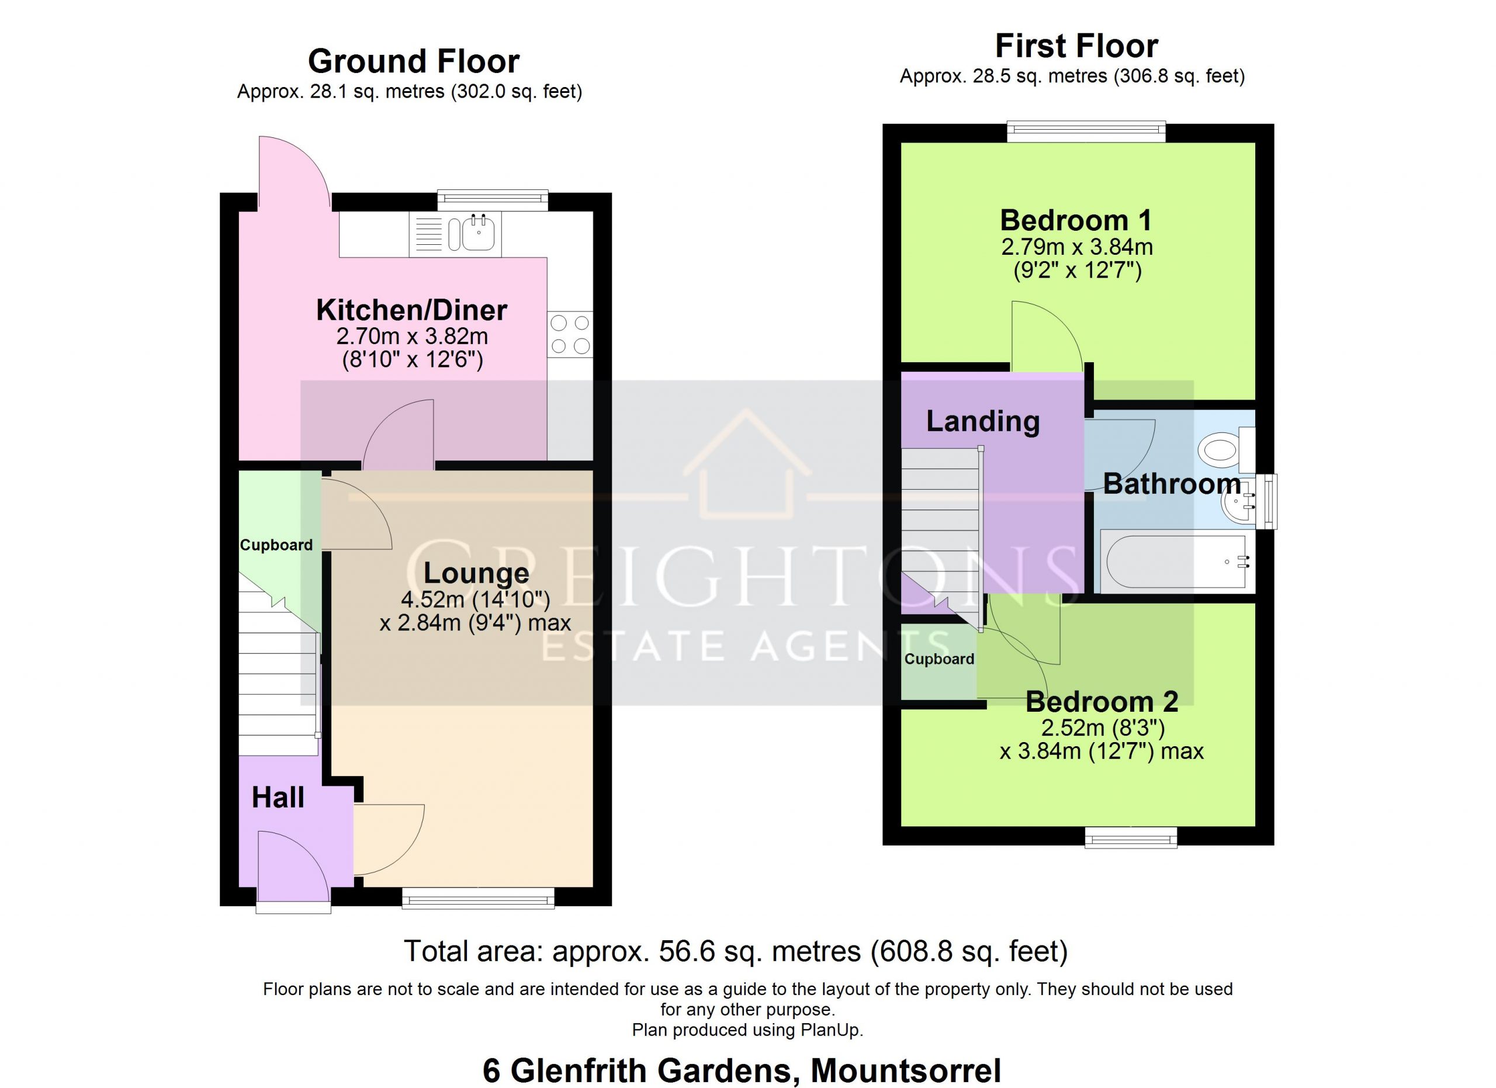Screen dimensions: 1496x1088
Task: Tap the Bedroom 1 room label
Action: click(x=1076, y=220)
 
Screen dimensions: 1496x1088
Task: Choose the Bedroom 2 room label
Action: click(x=1102, y=702)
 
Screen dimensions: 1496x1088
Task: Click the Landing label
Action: click(x=983, y=422)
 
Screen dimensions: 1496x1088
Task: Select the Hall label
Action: click(x=278, y=798)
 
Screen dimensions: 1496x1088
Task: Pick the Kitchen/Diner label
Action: click(x=411, y=310)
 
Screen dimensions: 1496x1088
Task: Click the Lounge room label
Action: click(x=476, y=573)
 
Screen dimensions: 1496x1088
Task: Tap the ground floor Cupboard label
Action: click(x=276, y=545)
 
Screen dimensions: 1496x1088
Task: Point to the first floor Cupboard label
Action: click(x=939, y=659)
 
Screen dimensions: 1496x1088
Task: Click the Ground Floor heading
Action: click(x=414, y=61)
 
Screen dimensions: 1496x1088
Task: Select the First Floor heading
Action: click(x=1076, y=46)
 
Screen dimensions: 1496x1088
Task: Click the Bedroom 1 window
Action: click(x=1086, y=132)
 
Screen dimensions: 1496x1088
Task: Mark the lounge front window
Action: click(x=478, y=898)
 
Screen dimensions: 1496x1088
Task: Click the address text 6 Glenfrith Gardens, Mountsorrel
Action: click(x=742, y=1071)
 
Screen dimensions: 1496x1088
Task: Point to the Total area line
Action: click(x=736, y=951)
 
